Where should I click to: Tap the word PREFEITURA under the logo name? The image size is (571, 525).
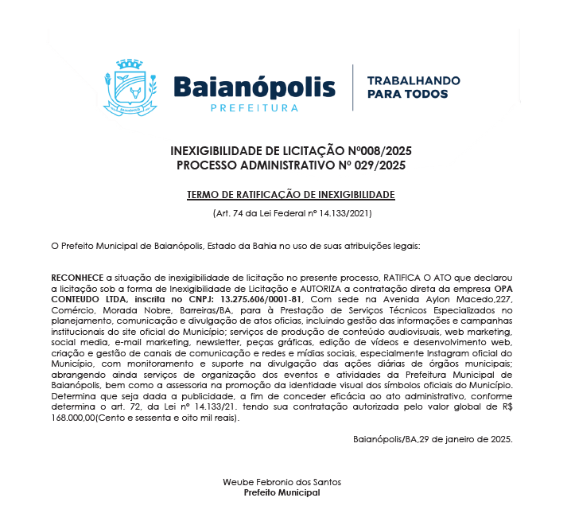[x=254, y=108]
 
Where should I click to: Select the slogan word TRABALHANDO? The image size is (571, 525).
[x=413, y=81]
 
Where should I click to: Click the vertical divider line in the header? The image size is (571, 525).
[x=352, y=88]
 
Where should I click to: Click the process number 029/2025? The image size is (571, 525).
[x=379, y=165]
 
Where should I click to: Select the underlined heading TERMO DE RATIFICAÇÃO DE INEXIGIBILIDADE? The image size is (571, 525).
[x=290, y=195]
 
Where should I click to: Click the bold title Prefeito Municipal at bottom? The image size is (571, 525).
[x=282, y=492]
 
